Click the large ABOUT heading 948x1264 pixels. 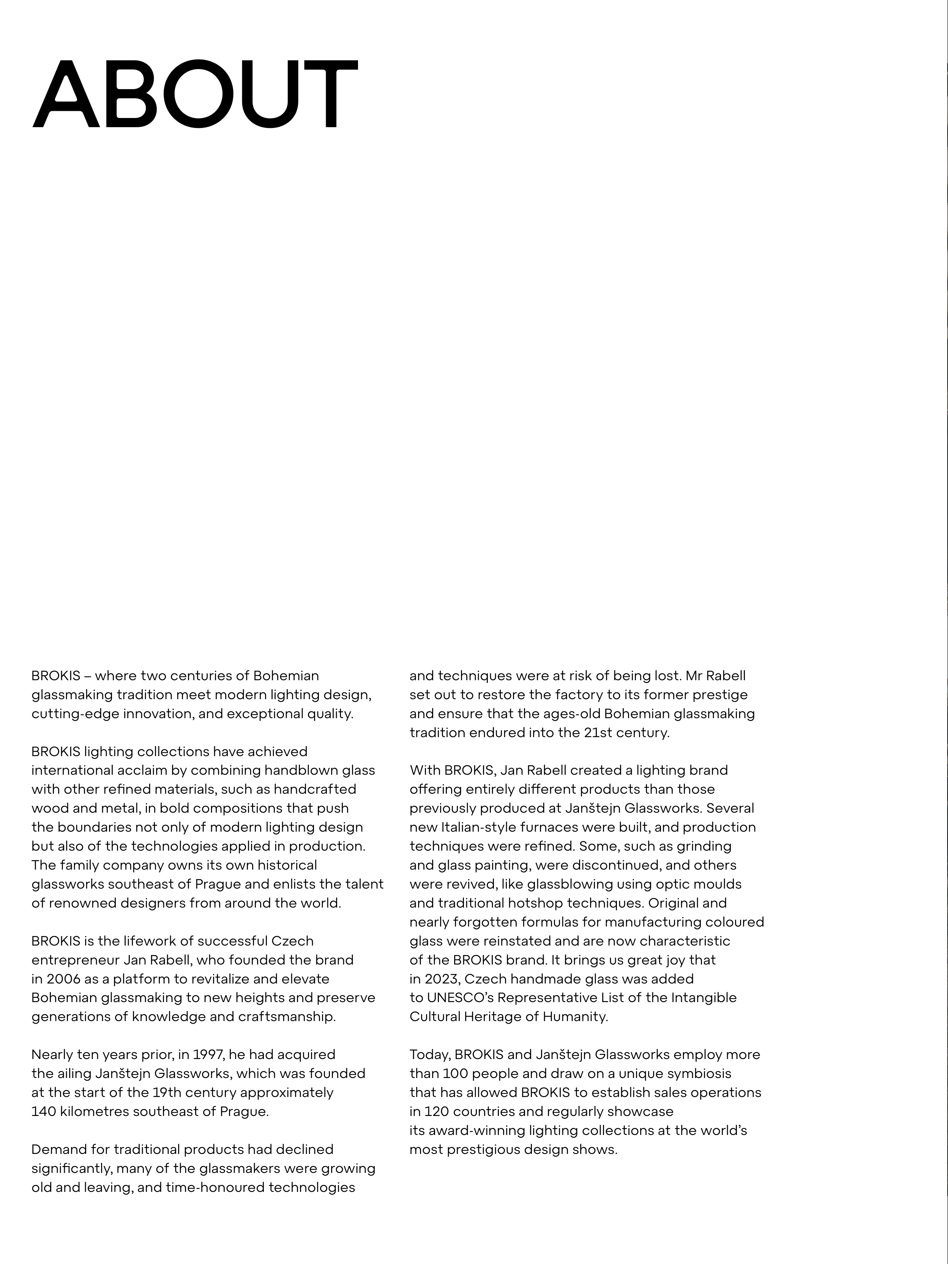click(195, 94)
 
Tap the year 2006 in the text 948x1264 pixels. click(63, 979)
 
